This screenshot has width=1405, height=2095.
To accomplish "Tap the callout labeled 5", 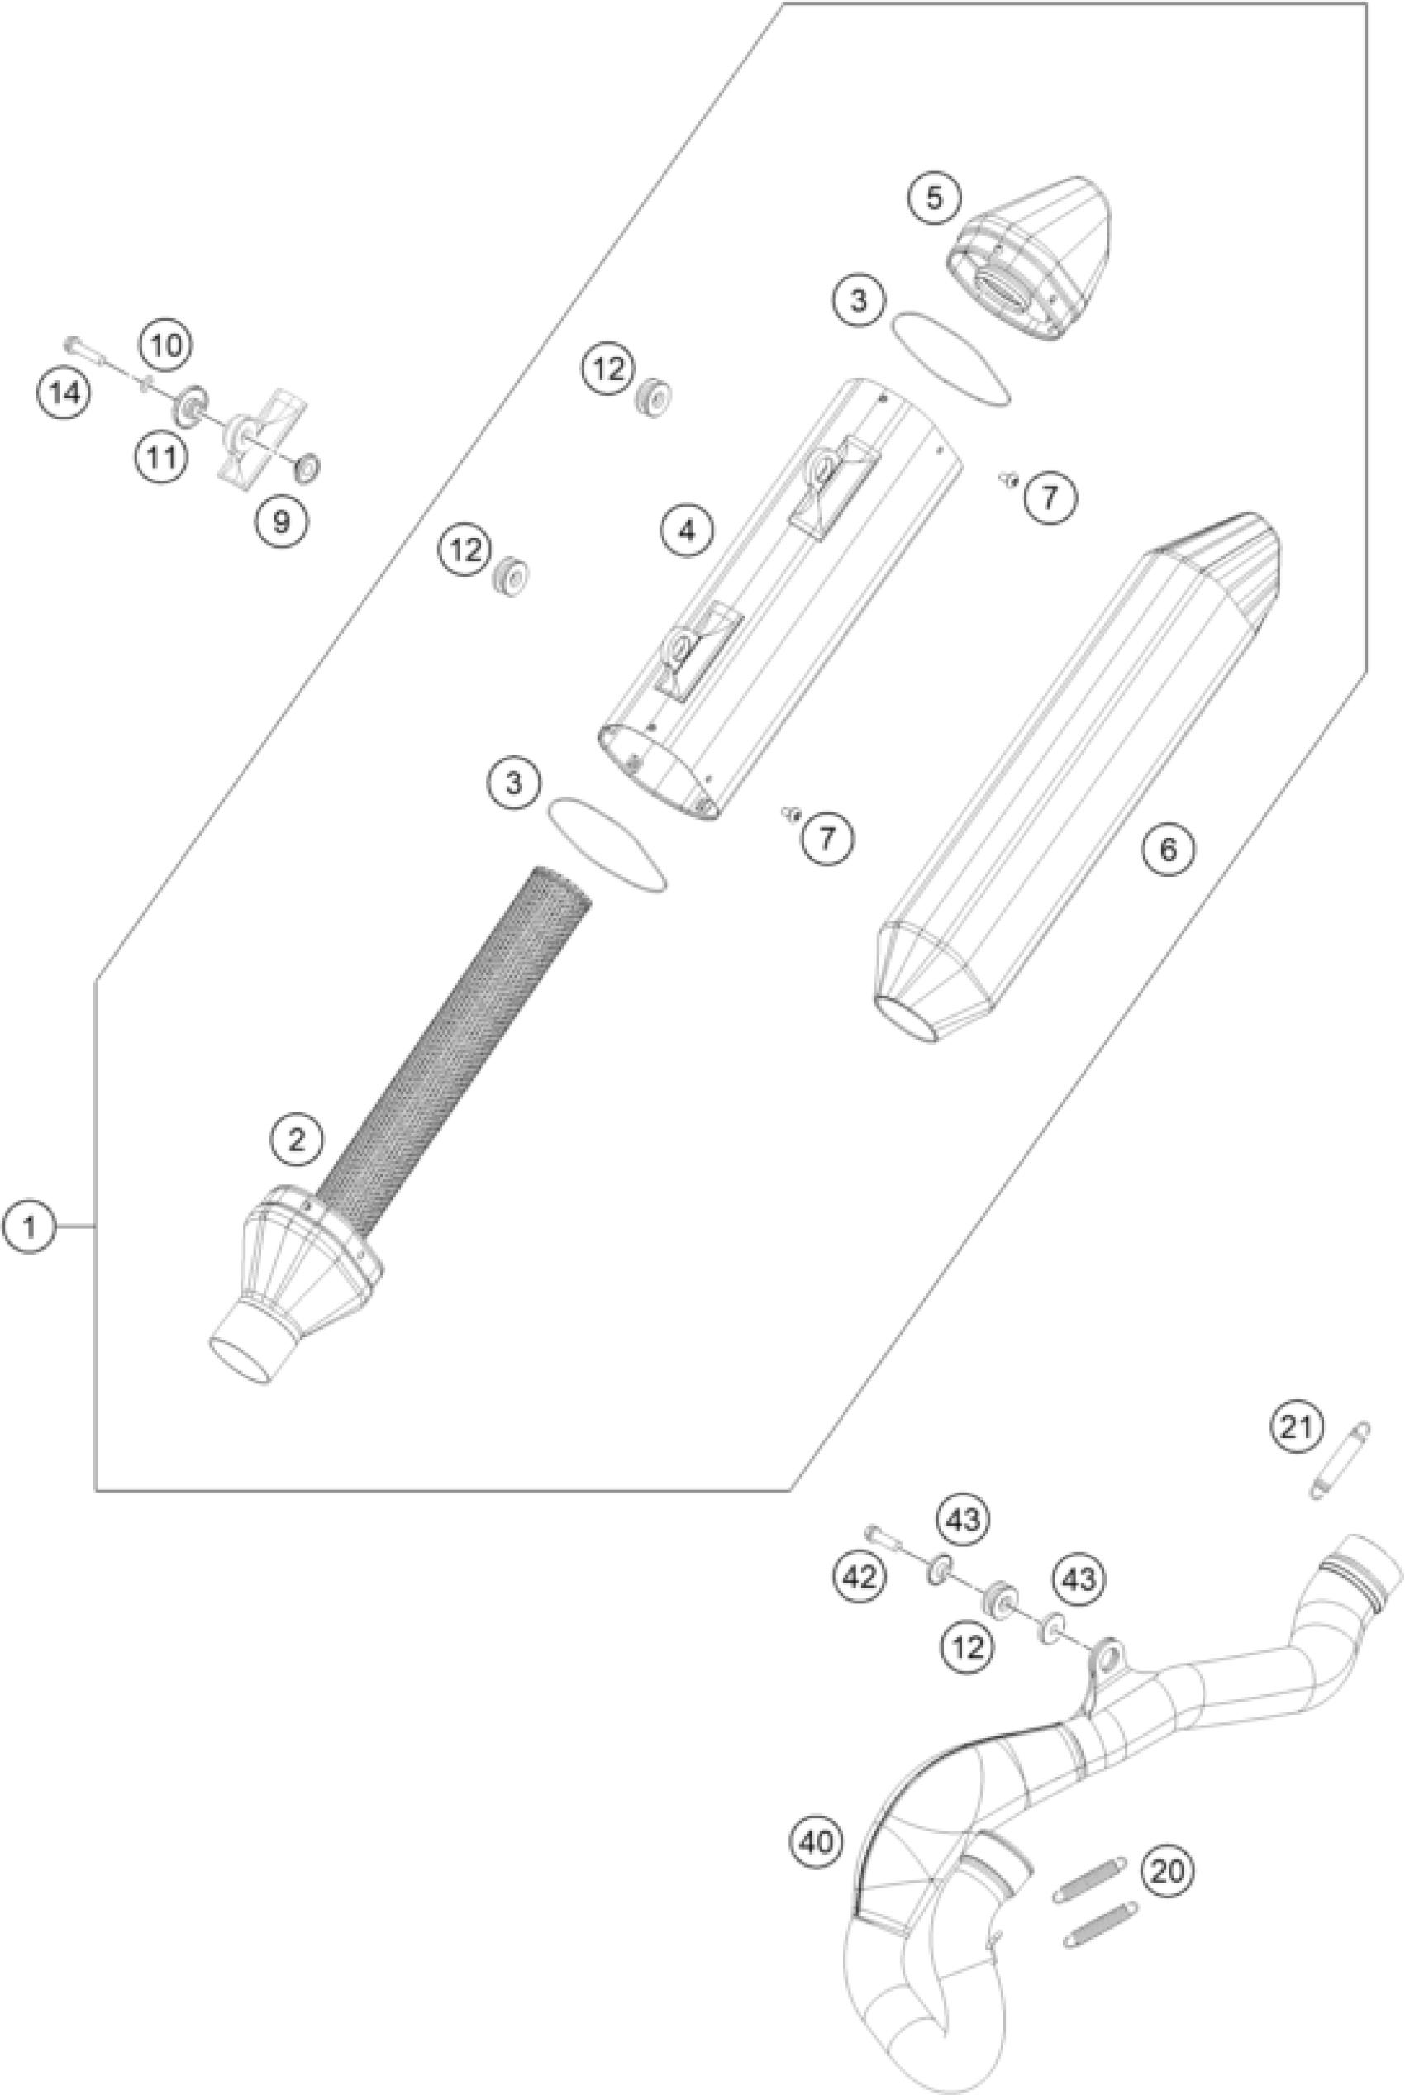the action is click(x=935, y=198).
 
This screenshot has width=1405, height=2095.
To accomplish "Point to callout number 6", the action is click(x=1168, y=849).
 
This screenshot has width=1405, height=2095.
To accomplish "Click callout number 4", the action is click(x=688, y=532).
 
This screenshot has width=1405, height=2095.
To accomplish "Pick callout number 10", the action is click(x=164, y=344).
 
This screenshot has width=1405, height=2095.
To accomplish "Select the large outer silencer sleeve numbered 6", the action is click(x=1075, y=779).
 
